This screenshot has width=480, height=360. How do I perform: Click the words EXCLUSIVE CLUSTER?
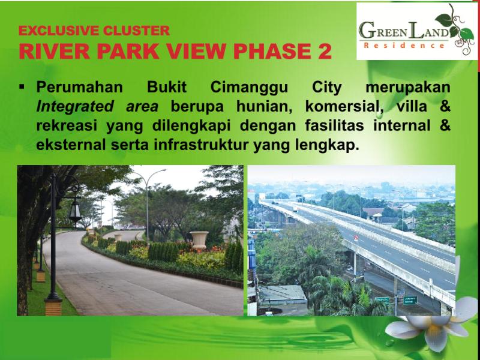pos(94,31)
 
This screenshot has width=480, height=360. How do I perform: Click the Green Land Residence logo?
pos(416,31)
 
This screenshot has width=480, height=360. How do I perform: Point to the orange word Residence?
pos(404,46)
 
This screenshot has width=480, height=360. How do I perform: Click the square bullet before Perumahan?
pos(22,87)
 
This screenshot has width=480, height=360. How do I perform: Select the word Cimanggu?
pos(249,88)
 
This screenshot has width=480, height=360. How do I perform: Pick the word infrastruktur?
pos(201,145)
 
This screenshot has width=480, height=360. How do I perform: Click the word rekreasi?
pos(67,125)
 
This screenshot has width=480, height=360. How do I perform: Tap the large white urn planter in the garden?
pos(199,240)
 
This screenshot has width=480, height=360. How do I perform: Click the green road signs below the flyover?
pos(396,300)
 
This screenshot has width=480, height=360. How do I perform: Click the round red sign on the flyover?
pos(356,237)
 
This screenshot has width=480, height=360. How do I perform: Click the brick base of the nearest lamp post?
pos(53,307)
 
